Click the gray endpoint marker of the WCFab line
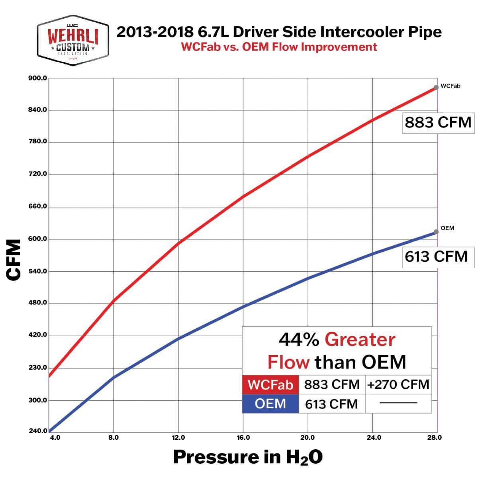(x=436, y=87)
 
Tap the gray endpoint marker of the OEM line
(x=436, y=231)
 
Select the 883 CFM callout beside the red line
(x=438, y=122)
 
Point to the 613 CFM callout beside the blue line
(x=437, y=256)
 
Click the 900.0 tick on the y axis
(x=38, y=78)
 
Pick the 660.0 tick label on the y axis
(x=38, y=206)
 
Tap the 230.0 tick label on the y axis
(x=38, y=367)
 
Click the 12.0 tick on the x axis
(x=178, y=437)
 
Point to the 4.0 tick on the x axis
(x=55, y=437)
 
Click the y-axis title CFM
(x=14, y=260)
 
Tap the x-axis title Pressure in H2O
(x=247, y=457)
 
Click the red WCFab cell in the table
(x=270, y=385)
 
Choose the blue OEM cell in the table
(x=270, y=404)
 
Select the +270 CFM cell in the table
(x=398, y=384)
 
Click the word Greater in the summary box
(x=360, y=340)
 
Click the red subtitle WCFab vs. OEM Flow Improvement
(x=279, y=47)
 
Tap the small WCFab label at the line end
(x=451, y=86)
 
